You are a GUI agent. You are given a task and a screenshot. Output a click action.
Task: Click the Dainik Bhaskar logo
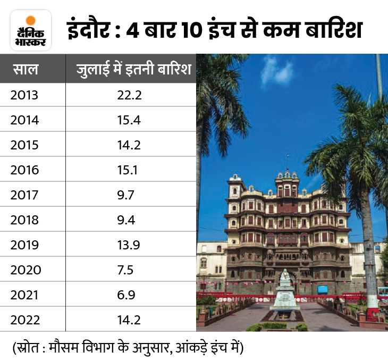(x=31, y=31)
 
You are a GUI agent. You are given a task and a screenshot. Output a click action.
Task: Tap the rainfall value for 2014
(x=128, y=121)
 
